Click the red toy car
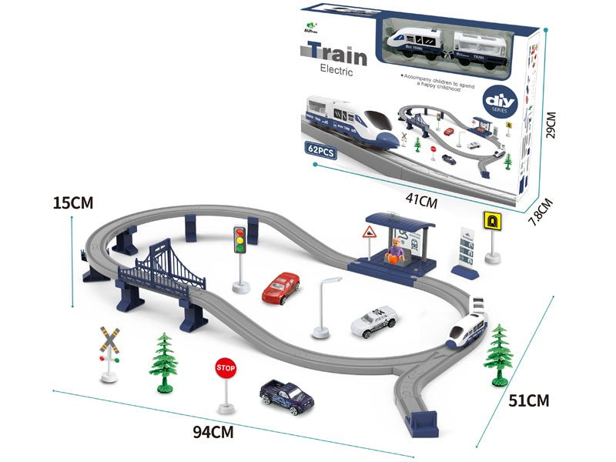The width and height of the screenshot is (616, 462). point(280,288)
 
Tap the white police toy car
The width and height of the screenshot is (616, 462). point(373,321)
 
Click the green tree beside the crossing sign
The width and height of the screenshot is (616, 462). point(163,360)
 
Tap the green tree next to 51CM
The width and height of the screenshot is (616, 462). point(499,352)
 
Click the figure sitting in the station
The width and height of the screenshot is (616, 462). point(396,251)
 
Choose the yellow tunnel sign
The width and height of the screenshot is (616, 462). point(490,221)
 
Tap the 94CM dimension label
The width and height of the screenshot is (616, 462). point(212,431)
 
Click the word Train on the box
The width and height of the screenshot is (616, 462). point(333,52)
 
